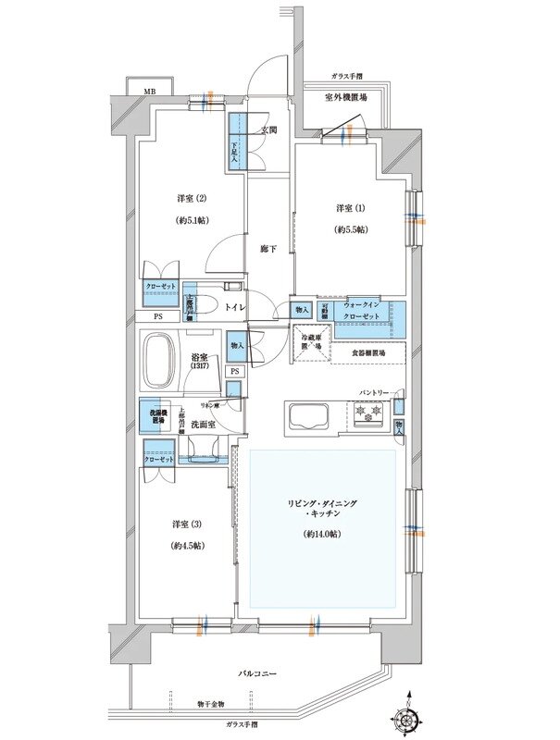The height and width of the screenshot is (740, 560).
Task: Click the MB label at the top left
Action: click(x=148, y=92)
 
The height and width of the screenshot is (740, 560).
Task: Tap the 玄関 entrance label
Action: click(x=269, y=129)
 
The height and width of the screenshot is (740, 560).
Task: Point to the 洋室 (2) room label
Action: click(x=192, y=198)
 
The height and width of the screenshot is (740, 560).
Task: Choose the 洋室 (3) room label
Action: click(x=186, y=524)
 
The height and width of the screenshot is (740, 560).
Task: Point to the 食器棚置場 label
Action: click(x=367, y=352)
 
